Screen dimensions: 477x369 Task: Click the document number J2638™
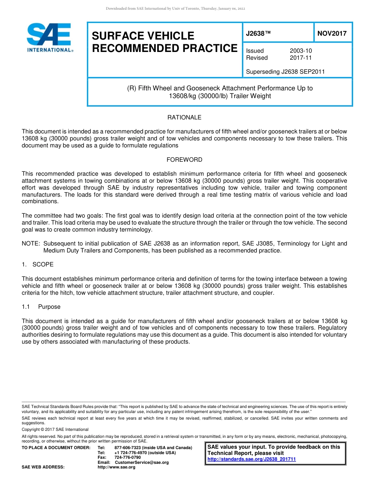258,33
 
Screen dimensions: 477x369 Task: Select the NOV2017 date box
332,33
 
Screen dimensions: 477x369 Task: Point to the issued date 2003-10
301,51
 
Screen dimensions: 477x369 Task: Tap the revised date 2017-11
301,58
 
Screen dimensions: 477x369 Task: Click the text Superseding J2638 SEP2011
285,72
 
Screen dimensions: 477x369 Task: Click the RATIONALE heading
184,118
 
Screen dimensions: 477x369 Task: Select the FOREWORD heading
184,160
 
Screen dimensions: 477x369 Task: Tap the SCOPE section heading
43,264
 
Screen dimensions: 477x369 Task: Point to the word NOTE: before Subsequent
31,244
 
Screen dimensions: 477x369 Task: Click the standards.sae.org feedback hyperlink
251,460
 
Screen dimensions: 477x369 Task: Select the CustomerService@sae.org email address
142,462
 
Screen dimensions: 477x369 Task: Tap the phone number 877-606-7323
128,448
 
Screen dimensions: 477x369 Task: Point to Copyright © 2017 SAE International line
55,429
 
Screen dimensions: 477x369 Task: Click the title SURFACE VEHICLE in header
143,36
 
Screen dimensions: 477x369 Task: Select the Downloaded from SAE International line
176,9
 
